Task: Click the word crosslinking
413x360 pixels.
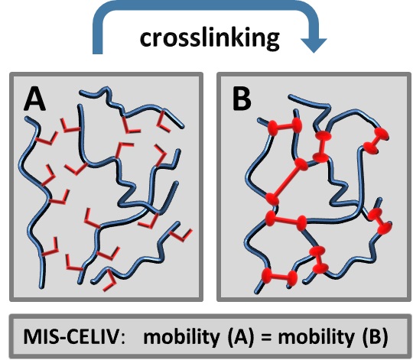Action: click(210, 39)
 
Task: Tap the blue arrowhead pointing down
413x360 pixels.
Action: click(314, 45)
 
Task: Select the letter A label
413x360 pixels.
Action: click(34, 99)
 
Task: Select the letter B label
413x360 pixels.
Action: click(242, 99)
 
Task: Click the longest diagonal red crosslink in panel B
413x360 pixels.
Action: click(287, 182)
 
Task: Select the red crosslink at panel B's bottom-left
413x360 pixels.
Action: click(279, 277)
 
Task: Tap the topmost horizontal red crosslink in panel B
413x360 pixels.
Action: click(285, 126)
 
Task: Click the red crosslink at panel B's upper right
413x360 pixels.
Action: click(376, 141)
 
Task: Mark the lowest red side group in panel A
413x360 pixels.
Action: click(109, 281)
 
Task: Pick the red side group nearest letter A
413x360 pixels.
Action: click(70, 126)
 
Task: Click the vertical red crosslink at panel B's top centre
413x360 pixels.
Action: click(321, 147)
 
